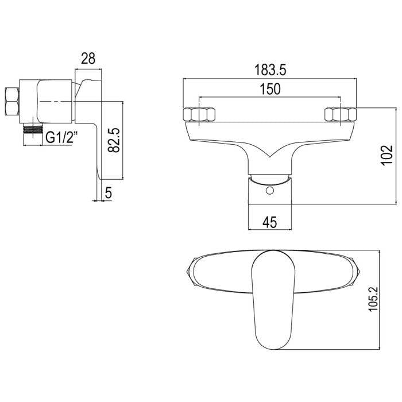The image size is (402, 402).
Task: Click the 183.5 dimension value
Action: point(270,70)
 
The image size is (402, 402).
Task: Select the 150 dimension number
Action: point(270,89)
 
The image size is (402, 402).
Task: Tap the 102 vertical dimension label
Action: point(387,156)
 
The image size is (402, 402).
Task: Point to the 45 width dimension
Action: point(270,222)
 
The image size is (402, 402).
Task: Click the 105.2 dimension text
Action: point(373,299)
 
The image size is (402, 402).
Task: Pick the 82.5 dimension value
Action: point(114,140)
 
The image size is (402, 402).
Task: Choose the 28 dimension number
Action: point(88,59)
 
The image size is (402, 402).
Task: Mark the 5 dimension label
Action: point(109,192)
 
